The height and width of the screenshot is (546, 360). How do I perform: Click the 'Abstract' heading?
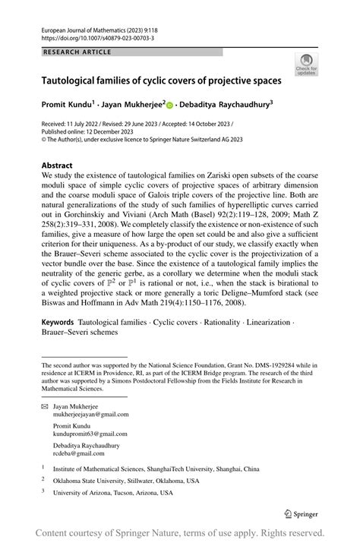click(x=58, y=166)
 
